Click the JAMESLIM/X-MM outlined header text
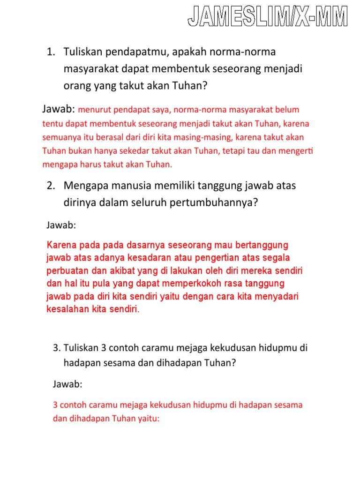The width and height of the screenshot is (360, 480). tap(268, 16)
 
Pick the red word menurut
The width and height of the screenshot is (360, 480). tap(93, 110)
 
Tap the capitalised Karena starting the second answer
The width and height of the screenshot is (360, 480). tap(61, 245)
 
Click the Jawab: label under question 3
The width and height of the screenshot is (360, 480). tap(67, 384)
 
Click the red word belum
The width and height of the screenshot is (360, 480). tap(288, 110)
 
